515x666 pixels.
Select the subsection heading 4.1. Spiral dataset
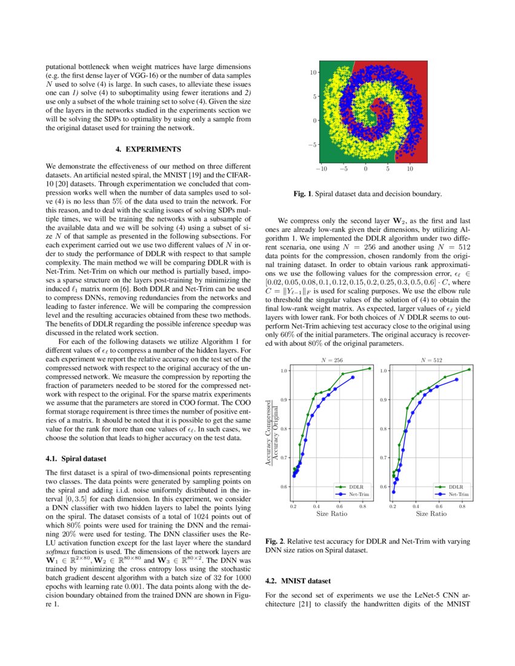point(76,459)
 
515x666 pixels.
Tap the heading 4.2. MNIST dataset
point(299,581)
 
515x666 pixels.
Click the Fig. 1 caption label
point(302,194)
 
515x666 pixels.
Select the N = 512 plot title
point(431,360)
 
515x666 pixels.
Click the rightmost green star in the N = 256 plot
point(369,368)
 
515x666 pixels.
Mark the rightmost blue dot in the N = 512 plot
point(457,380)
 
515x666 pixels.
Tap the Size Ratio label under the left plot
point(331,513)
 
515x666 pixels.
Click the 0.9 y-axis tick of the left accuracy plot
point(283,400)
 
